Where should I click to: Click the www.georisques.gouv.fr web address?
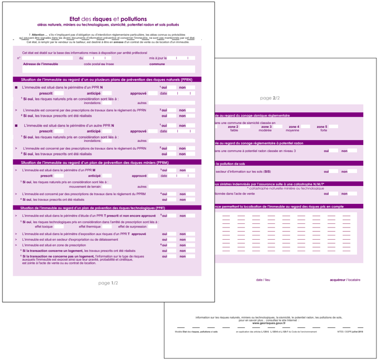(268, 323)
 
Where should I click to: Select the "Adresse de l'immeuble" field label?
(40, 64)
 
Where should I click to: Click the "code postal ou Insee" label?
(98, 64)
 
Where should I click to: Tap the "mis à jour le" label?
(158, 58)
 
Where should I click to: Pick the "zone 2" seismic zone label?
(233, 127)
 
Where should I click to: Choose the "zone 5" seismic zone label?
(322, 127)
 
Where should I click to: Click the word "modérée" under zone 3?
(264, 130)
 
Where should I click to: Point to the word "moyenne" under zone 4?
(293, 130)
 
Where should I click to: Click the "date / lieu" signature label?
(263, 280)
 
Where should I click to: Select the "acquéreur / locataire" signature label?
(345, 280)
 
